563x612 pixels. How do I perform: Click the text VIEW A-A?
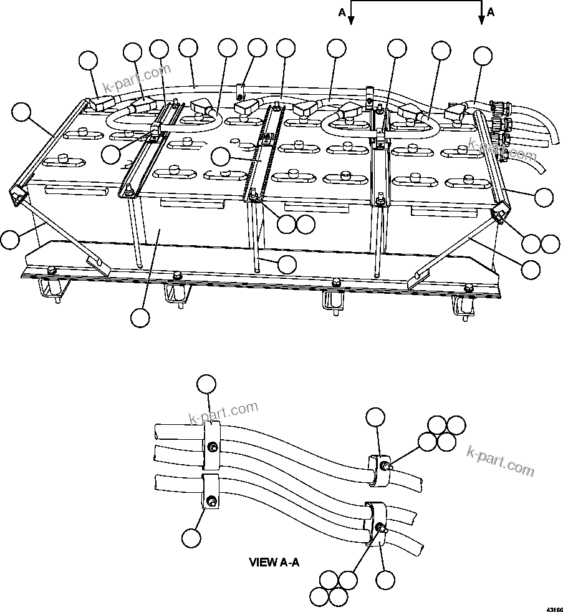(x=274, y=562)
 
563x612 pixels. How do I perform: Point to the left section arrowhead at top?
(x=351, y=20)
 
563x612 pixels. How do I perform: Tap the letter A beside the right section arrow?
(x=491, y=11)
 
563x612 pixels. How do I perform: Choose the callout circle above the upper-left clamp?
(x=206, y=385)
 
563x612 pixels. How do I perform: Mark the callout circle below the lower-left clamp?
(x=192, y=537)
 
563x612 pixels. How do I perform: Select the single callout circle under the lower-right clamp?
(x=386, y=580)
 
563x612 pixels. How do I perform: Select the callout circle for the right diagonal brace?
(x=531, y=269)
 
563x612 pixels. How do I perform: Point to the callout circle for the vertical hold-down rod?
(x=286, y=265)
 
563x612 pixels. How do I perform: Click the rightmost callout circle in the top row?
(x=483, y=56)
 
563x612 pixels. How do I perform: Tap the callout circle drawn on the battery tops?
(x=220, y=157)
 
